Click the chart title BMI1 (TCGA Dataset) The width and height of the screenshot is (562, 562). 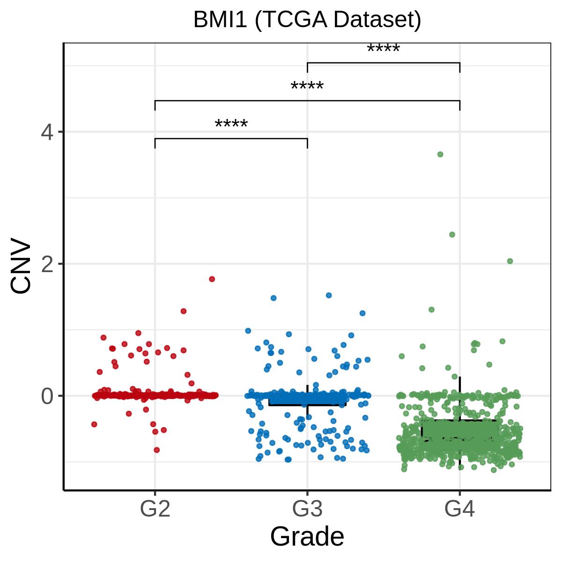pyautogui.click(x=307, y=20)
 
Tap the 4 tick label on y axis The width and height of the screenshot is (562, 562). pyautogui.click(x=47, y=132)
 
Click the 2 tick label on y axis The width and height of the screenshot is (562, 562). pyautogui.click(x=47, y=264)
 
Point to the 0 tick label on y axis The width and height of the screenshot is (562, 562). pyautogui.click(x=47, y=396)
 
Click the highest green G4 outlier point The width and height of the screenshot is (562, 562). pyautogui.click(x=440, y=154)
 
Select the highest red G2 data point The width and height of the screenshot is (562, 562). pyautogui.click(x=212, y=279)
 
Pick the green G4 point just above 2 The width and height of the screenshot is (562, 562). pyautogui.click(x=510, y=261)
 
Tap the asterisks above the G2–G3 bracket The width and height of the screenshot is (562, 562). pyautogui.click(x=231, y=124)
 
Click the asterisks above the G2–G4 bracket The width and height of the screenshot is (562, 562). pyautogui.click(x=307, y=86)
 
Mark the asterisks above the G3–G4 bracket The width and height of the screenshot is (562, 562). pyautogui.click(x=384, y=48)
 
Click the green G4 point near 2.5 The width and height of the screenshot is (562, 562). pyautogui.click(x=452, y=235)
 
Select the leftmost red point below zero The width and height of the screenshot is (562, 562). pyautogui.click(x=94, y=424)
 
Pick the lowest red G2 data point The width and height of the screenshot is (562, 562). pyautogui.click(x=156, y=450)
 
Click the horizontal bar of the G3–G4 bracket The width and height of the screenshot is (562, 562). pyautogui.click(x=384, y=63)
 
